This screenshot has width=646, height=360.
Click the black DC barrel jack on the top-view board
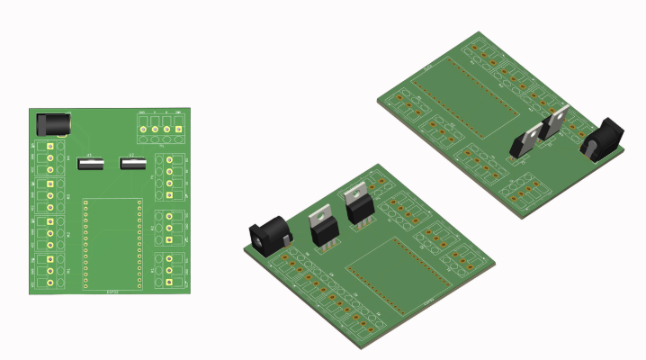coord(52,123)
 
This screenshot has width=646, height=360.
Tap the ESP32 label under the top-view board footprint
coord(112,291)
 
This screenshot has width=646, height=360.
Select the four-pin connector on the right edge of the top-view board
coord(170,176)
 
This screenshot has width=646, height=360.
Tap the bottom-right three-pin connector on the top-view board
coord(170,270)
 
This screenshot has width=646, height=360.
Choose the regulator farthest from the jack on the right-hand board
coord(526,140)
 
